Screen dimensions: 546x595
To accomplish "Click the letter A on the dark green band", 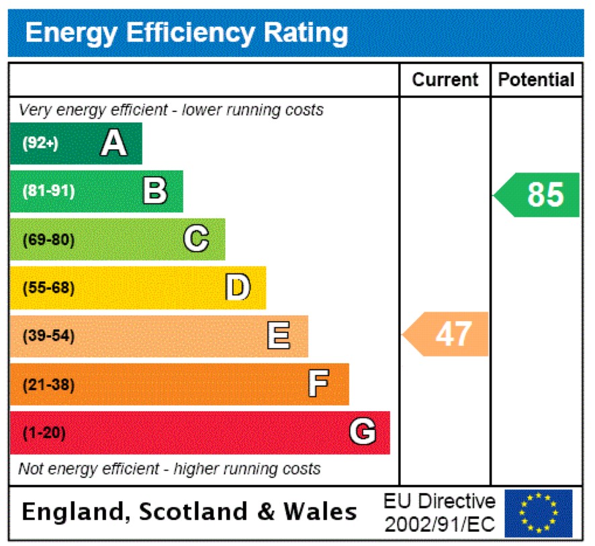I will coord(113,143).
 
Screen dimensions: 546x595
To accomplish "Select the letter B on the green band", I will coord(155,191).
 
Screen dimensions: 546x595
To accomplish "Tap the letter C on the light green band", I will coord(196,239).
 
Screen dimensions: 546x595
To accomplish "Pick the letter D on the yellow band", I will coord(237,287).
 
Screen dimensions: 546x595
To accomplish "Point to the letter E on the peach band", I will coord(279,336).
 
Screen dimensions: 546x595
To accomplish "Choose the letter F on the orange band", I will coord(319,384).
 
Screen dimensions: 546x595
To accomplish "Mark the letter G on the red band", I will coord(363,433).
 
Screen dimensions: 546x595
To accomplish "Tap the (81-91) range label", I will coord(48,191).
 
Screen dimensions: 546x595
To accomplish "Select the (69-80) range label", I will coord(48,240).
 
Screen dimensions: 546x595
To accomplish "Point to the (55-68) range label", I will coord(48,288).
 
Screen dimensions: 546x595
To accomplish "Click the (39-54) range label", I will coord(48,336).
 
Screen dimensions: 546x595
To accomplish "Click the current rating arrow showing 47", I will coord(447,334).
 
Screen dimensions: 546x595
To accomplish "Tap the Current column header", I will coord(445,80).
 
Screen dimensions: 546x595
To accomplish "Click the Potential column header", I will coord(536,80).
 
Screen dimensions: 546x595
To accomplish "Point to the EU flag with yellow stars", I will coord(539,514).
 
